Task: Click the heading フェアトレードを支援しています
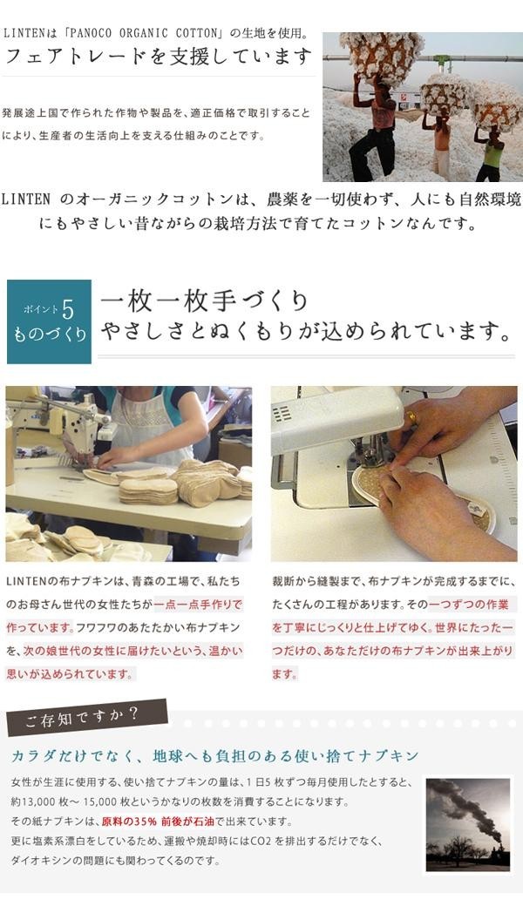(x=158, y=57)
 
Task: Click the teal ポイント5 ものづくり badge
(x=49, y=321)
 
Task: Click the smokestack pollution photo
(x=468, y=823)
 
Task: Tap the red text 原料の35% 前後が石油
(x=159, y=821)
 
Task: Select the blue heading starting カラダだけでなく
(x=214, y=756)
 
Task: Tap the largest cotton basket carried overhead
(x=382, y=57)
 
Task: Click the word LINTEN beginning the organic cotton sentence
(x=26, y=199)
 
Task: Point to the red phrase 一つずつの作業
(x=469, y=605)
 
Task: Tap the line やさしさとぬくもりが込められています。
(x=307, y=332)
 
